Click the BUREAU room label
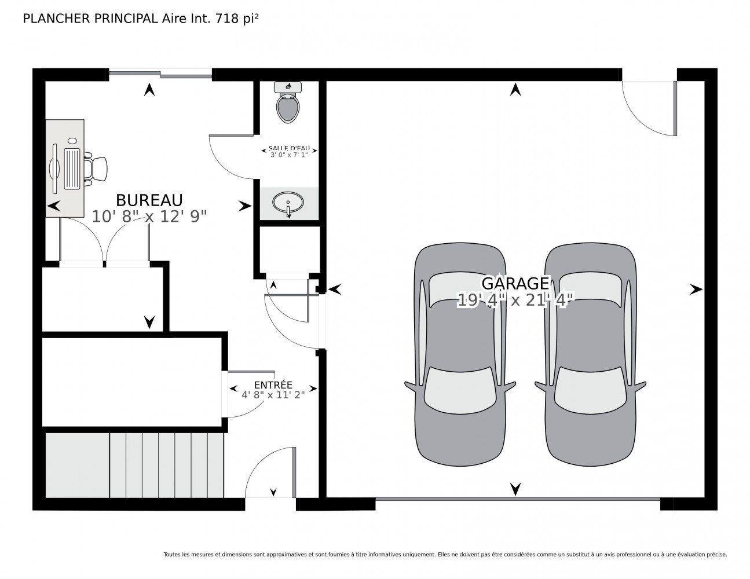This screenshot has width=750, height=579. [x=149, y=200]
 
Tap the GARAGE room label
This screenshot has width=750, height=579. [x=515, y=283]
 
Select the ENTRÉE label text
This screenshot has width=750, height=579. [x=273, y=384]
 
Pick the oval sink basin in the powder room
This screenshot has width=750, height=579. [x=288, y=202]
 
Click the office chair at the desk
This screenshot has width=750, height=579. [x=95, y=169]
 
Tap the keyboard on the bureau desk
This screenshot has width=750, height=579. [x=72, y=168]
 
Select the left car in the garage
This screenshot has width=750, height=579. [x=460, y=354]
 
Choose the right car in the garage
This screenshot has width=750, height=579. [x=590, y=354]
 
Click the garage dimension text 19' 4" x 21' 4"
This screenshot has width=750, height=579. [x=515, y=300]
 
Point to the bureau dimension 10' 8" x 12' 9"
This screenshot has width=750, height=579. [x=149, y=217]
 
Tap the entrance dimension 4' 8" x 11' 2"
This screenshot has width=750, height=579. [x=273, y=395]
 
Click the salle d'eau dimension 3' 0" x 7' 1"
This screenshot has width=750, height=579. [x=289, y=155]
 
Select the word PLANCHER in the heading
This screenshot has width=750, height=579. [x=56, y=19]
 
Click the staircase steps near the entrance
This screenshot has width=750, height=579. [x=134, y=465]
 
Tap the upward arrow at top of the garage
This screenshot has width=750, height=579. [x=515, y=90]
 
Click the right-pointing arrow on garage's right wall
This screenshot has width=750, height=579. [x=696, y=289]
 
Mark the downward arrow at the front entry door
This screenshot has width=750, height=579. [x=273, y=492]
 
